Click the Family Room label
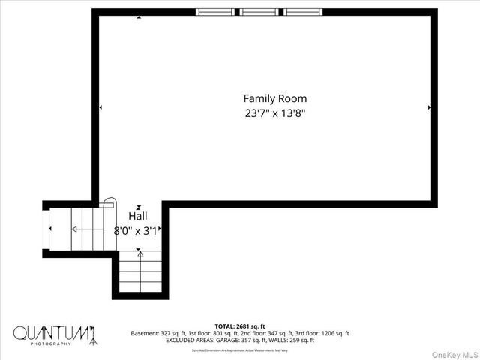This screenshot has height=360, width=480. (274, 98)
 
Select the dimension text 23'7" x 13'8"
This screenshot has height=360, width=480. (274, 114)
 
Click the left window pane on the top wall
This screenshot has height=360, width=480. (216, 12)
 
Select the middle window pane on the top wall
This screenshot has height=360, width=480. (260, 12)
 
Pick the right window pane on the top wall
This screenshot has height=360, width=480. (304, 12)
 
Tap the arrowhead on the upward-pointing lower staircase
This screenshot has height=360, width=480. (139, 253)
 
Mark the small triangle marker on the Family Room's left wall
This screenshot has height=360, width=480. (100, 108)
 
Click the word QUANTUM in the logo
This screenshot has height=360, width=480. (52, 332)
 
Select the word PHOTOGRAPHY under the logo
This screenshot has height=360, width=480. (52, 343)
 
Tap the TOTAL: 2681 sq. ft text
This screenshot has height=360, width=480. (240, 326)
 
